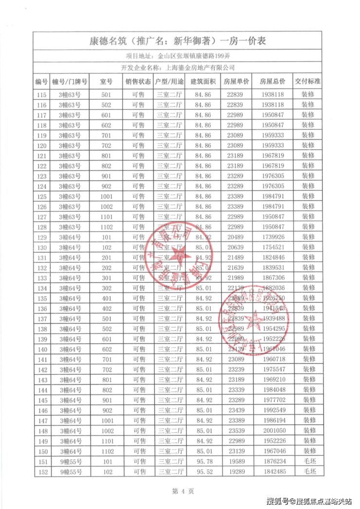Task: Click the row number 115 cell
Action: (x=41, y=94)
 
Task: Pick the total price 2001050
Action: (x=272, y=431)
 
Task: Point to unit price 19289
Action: (x=237, y=472)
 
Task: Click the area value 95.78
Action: (x=203, y=462)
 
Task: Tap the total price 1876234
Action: (x=272, y=462)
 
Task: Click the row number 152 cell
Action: (x=41, y=472)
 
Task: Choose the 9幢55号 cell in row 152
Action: (x=70, y=472)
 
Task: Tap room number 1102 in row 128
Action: (x=106, y=227)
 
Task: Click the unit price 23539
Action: (x=237, y=431)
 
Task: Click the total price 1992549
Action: (x=272, y=411)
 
